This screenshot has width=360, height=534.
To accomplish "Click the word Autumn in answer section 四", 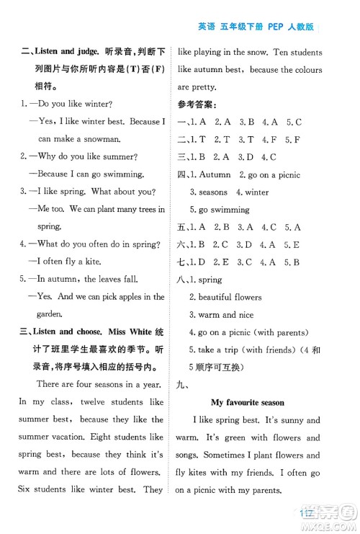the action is (216, 174).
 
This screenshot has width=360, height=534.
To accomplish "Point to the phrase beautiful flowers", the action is (229, 297).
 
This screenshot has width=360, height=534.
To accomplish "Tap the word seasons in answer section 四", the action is (208, 192).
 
